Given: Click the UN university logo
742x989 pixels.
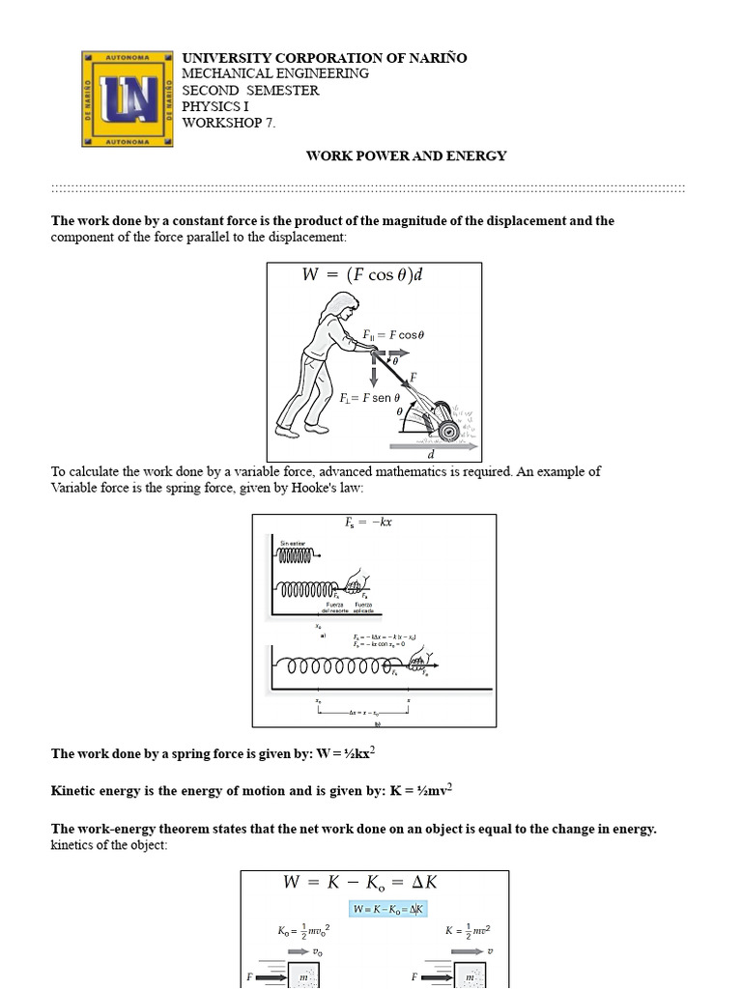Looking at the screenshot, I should [x=128, y=98].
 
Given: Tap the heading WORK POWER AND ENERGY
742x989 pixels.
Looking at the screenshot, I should [x=406, y=155].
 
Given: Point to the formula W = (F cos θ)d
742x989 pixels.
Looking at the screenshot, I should [x=362, y=275].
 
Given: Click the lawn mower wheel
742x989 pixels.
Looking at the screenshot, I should [x=447, y=431].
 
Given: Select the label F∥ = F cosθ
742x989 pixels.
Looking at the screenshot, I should [x=393, y=335].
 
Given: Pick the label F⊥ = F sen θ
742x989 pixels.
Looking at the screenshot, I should [x=370, y=397].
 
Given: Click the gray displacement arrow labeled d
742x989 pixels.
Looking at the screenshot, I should [x=432, y=447].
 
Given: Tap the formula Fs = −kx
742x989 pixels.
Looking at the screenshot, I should [x=368, y=523].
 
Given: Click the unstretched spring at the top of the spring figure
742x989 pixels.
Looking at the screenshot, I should [x=297, y=556].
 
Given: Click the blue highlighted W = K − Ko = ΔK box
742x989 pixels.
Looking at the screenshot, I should [x=388, y=909].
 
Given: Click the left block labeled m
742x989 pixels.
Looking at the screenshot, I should [x=303, y=976].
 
